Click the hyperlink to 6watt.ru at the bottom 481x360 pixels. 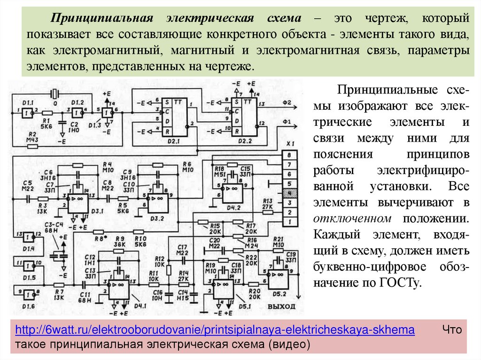pyautogui.click(x=215, y=330)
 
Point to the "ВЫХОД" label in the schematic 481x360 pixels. pyautogui.click(x=281, y=306)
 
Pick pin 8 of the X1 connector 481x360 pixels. pyautogui.click(x=290, y=155)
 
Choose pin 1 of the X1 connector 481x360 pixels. pyautogui.click(x=290, y=221)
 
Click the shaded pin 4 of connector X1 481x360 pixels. pyautogui.click(x=290, y=193)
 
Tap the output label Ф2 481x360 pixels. pyautogui.click(x=287, y=102)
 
